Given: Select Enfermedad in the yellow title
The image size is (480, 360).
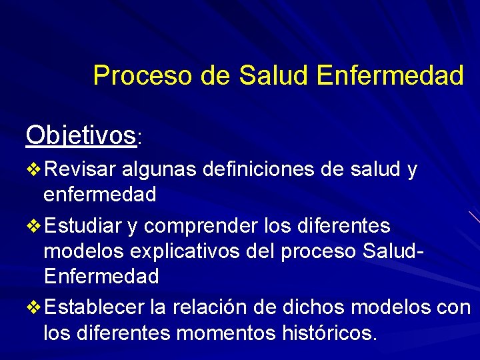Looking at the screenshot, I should click(x=390, y=75).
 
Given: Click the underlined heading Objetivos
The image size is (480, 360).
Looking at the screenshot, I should click(x=80, y=135).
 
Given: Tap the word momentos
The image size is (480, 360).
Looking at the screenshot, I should click(x=217, y=332).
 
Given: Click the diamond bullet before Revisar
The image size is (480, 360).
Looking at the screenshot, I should click(x=33, y=171).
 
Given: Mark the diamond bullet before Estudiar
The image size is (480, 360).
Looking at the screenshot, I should click(x=33, y=227).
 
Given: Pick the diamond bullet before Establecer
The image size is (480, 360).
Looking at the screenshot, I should click(x=33, y=308).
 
